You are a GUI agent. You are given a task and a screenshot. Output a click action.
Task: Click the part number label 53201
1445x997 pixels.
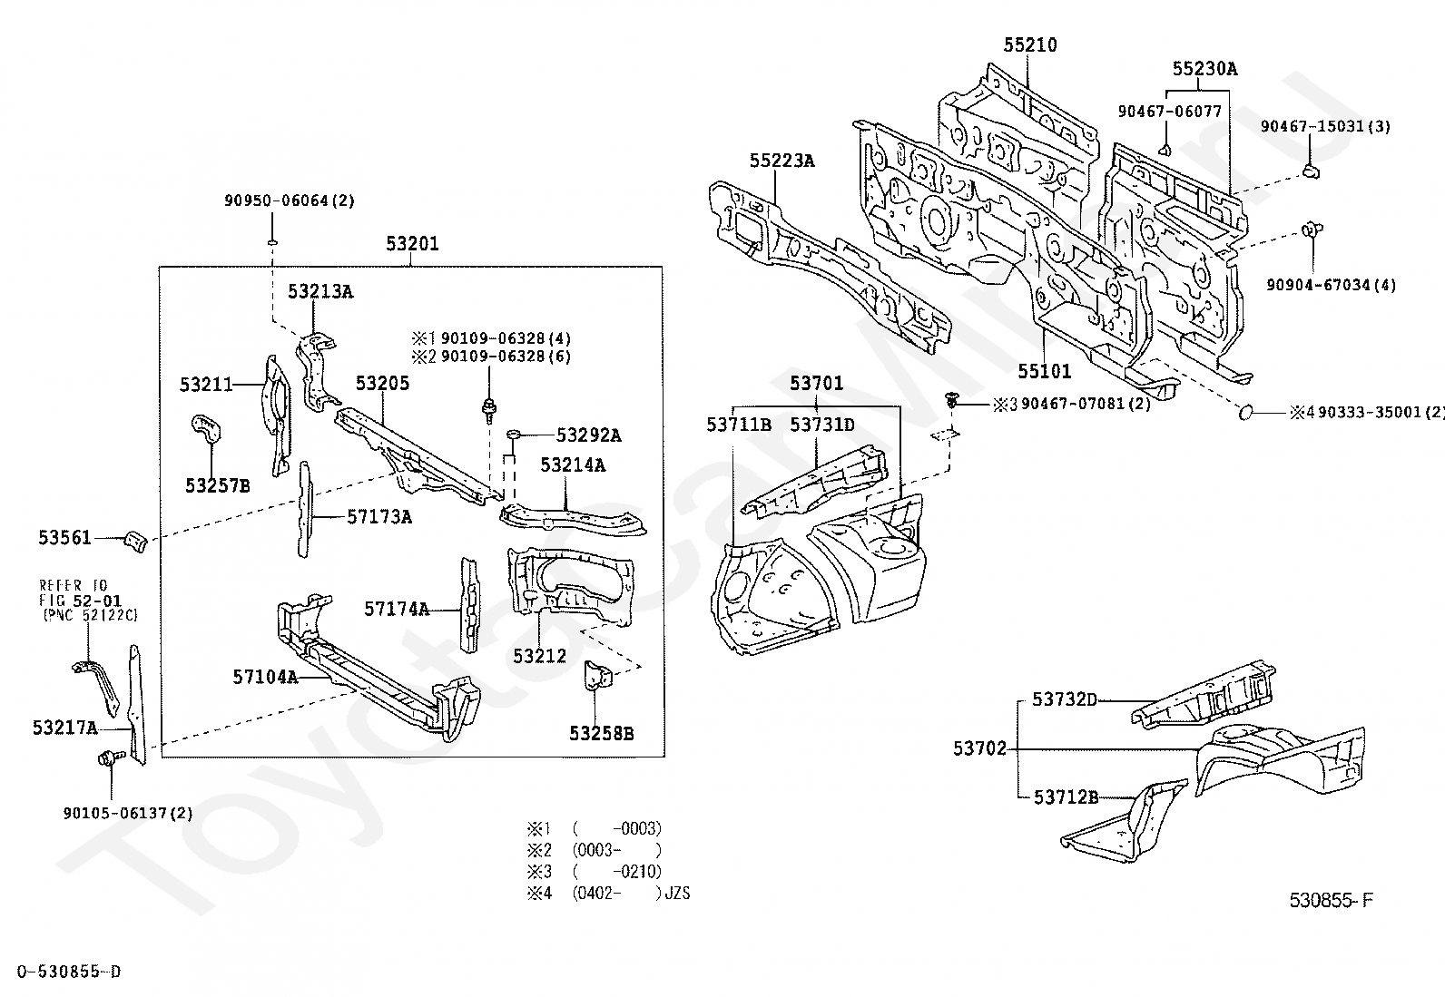click(x=412, y=244)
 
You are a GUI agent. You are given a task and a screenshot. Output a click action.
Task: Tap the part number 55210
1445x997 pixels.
click(x=1030, y=45)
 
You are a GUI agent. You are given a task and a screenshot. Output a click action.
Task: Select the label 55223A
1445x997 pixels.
click(x=781, y=161)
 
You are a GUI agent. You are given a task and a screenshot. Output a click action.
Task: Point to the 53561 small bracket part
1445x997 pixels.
click(x=136, y=542)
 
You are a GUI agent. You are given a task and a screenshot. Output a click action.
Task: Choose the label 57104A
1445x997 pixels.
click(x=265, y=677)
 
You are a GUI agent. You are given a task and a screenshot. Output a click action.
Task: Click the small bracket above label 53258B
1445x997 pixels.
click(x=597, y=675)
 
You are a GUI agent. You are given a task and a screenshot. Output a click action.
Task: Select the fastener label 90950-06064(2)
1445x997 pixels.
click(x=290, y=200)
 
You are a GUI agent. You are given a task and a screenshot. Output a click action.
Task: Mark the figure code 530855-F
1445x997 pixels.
click(x=1332, y=900)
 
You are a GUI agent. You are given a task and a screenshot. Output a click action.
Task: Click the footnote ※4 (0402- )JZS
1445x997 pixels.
click(x=608, y=894)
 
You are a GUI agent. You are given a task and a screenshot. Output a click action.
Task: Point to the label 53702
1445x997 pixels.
click(x=980, y=748)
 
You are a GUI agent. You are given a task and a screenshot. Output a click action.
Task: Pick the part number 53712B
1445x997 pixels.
click(x=1066, y=797)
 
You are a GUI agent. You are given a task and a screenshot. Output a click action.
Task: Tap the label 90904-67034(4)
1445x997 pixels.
click(x=1331, y=284)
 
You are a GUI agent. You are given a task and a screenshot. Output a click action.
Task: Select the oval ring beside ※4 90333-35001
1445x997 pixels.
click(x=1245, y=412)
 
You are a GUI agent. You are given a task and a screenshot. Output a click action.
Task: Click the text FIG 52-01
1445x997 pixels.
click(x=80, y=601)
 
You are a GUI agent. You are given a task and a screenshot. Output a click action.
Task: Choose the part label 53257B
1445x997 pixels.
click(x=218, y=485)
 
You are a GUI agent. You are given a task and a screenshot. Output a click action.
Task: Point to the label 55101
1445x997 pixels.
click(x=1045, y=371)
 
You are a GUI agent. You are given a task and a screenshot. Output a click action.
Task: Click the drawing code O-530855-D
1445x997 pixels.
click(x=69, y=972)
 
